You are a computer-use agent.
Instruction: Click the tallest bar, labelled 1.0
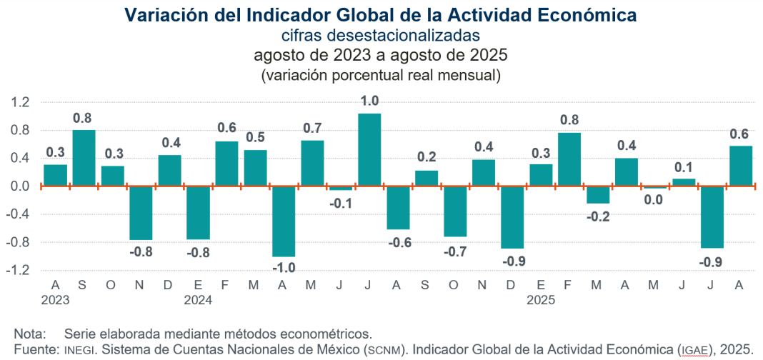[369, 150]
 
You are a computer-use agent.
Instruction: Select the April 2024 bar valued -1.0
[284, 221]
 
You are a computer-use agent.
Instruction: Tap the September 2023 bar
[84, 158]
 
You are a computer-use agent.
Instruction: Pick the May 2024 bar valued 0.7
[312, 163]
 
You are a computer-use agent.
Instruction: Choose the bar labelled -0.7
[455, 211]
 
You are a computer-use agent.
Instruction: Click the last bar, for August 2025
[740, 166]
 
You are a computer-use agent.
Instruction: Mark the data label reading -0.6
[398, 241]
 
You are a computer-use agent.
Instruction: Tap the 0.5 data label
[255, 138]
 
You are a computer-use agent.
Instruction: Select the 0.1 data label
[684, 167]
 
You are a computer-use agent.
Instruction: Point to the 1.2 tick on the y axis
[20, 103]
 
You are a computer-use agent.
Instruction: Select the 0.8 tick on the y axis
[20, 131]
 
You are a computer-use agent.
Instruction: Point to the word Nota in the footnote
[28, 334]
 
